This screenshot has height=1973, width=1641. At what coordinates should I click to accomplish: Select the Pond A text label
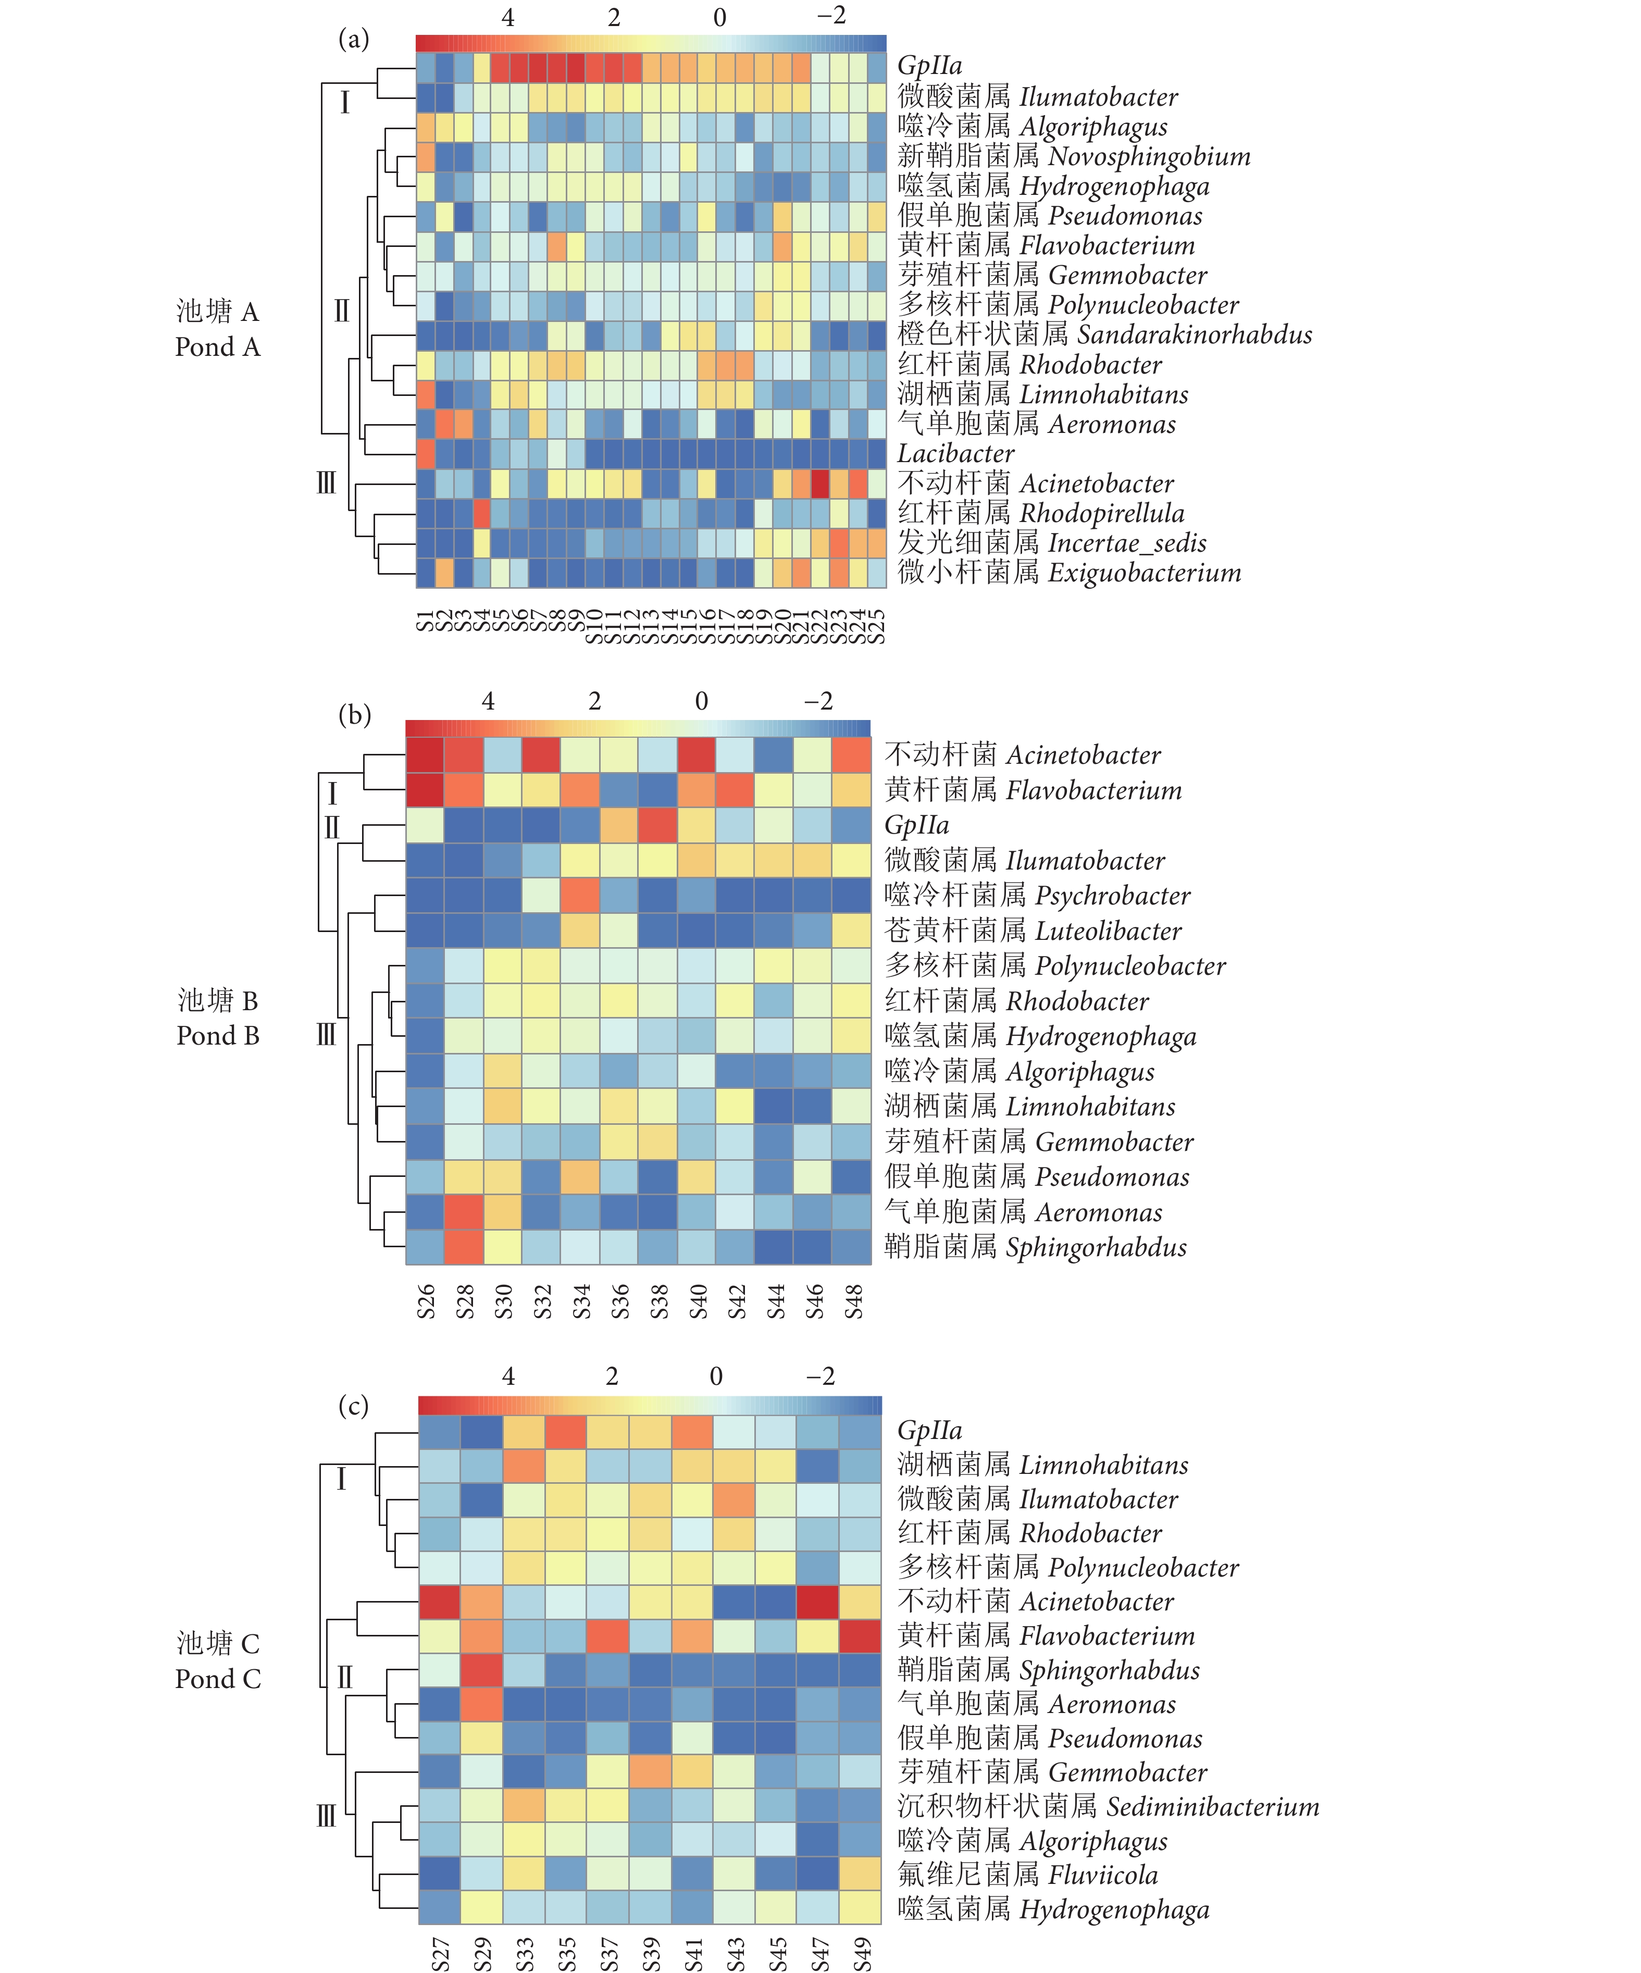pyautogui.click(x=217, y=346)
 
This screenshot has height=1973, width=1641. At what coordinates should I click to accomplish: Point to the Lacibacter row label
pyautogui.click(x=955, y=454)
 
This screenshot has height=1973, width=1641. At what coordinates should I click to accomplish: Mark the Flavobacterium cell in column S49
pyautogui.click(x=861, y=1636)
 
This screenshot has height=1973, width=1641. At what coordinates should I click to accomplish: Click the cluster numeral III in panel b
pyautogui.click(x=326, y=1035)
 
